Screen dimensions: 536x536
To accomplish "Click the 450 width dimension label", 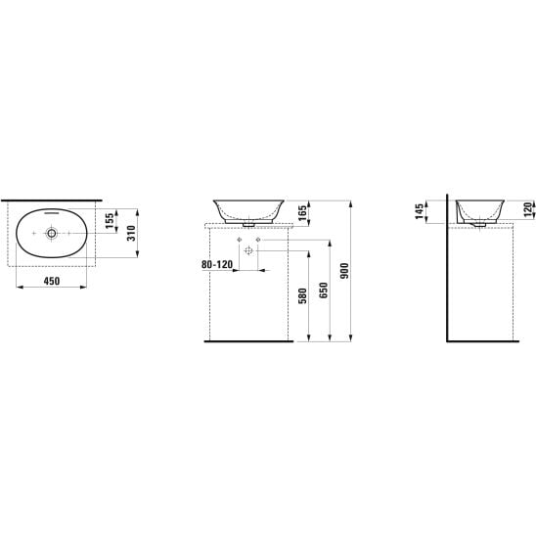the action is point(52,282).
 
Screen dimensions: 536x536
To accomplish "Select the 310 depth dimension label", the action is point(132,233).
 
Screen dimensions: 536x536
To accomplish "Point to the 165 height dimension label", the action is point(302,213).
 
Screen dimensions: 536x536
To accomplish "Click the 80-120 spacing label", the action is point(217,265).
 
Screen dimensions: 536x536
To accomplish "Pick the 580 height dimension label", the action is point(303,296).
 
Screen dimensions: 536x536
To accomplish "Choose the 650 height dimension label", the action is point(324,290).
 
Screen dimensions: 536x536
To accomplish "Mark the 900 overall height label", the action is point(344,271).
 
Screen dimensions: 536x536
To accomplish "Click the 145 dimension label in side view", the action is point(419,211).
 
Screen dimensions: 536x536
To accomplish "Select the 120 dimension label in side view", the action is point(528,209).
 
